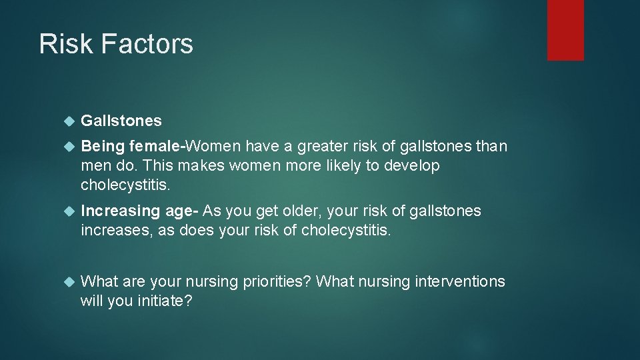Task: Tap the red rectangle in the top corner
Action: coord(565,30)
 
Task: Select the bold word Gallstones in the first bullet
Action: coord(121,121)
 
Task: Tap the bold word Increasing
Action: coord(119,211)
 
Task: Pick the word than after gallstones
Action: coord(491,146)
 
